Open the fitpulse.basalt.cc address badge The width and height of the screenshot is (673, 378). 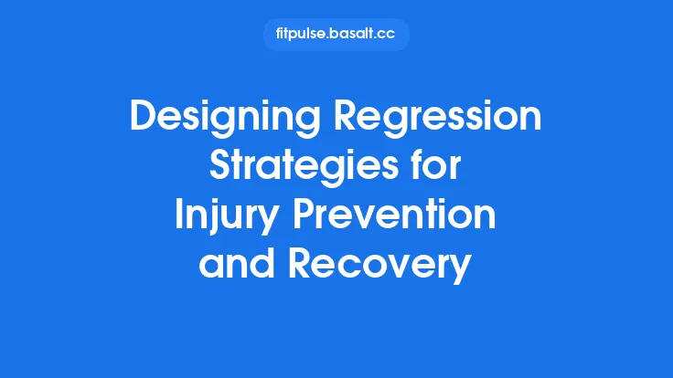click(x=336, y=35)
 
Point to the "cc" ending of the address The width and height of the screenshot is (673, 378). click(x=389, y=35)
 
